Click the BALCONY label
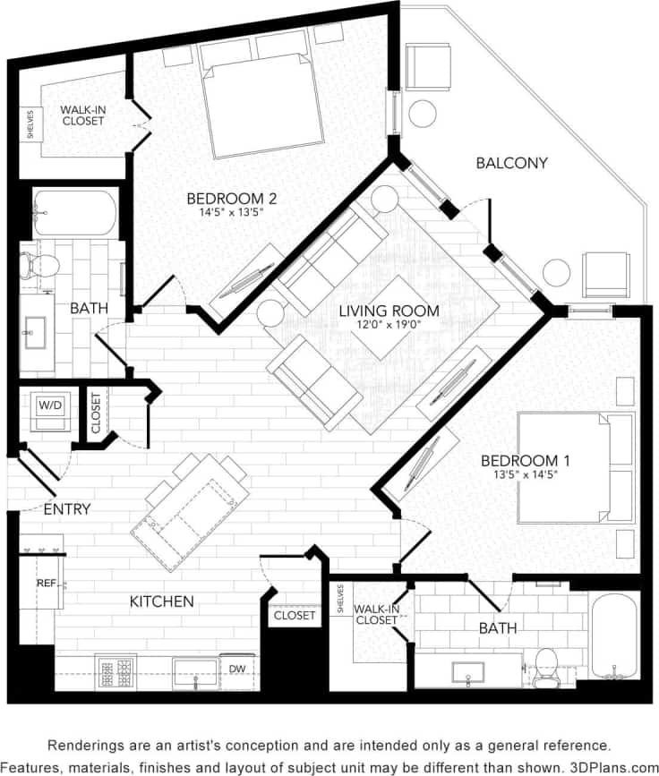pyautogui.click(x=511, y=163)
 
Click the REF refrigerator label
pyautogui.click(x=45, y=583)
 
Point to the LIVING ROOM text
pyautogui.click(x=389, y=311)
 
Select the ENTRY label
pyautogui.click(x=67, y=509)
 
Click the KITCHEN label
pyautogui.click(x=161, y=601)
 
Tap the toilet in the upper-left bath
pyautogui.click(x=39, y=263)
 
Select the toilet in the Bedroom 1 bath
pyautogui.click(x=544, y=668)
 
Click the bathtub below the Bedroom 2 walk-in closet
pyautogui.click(x=74, y=212)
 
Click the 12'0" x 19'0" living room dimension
pyautogui.click(x=389, y=327)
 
